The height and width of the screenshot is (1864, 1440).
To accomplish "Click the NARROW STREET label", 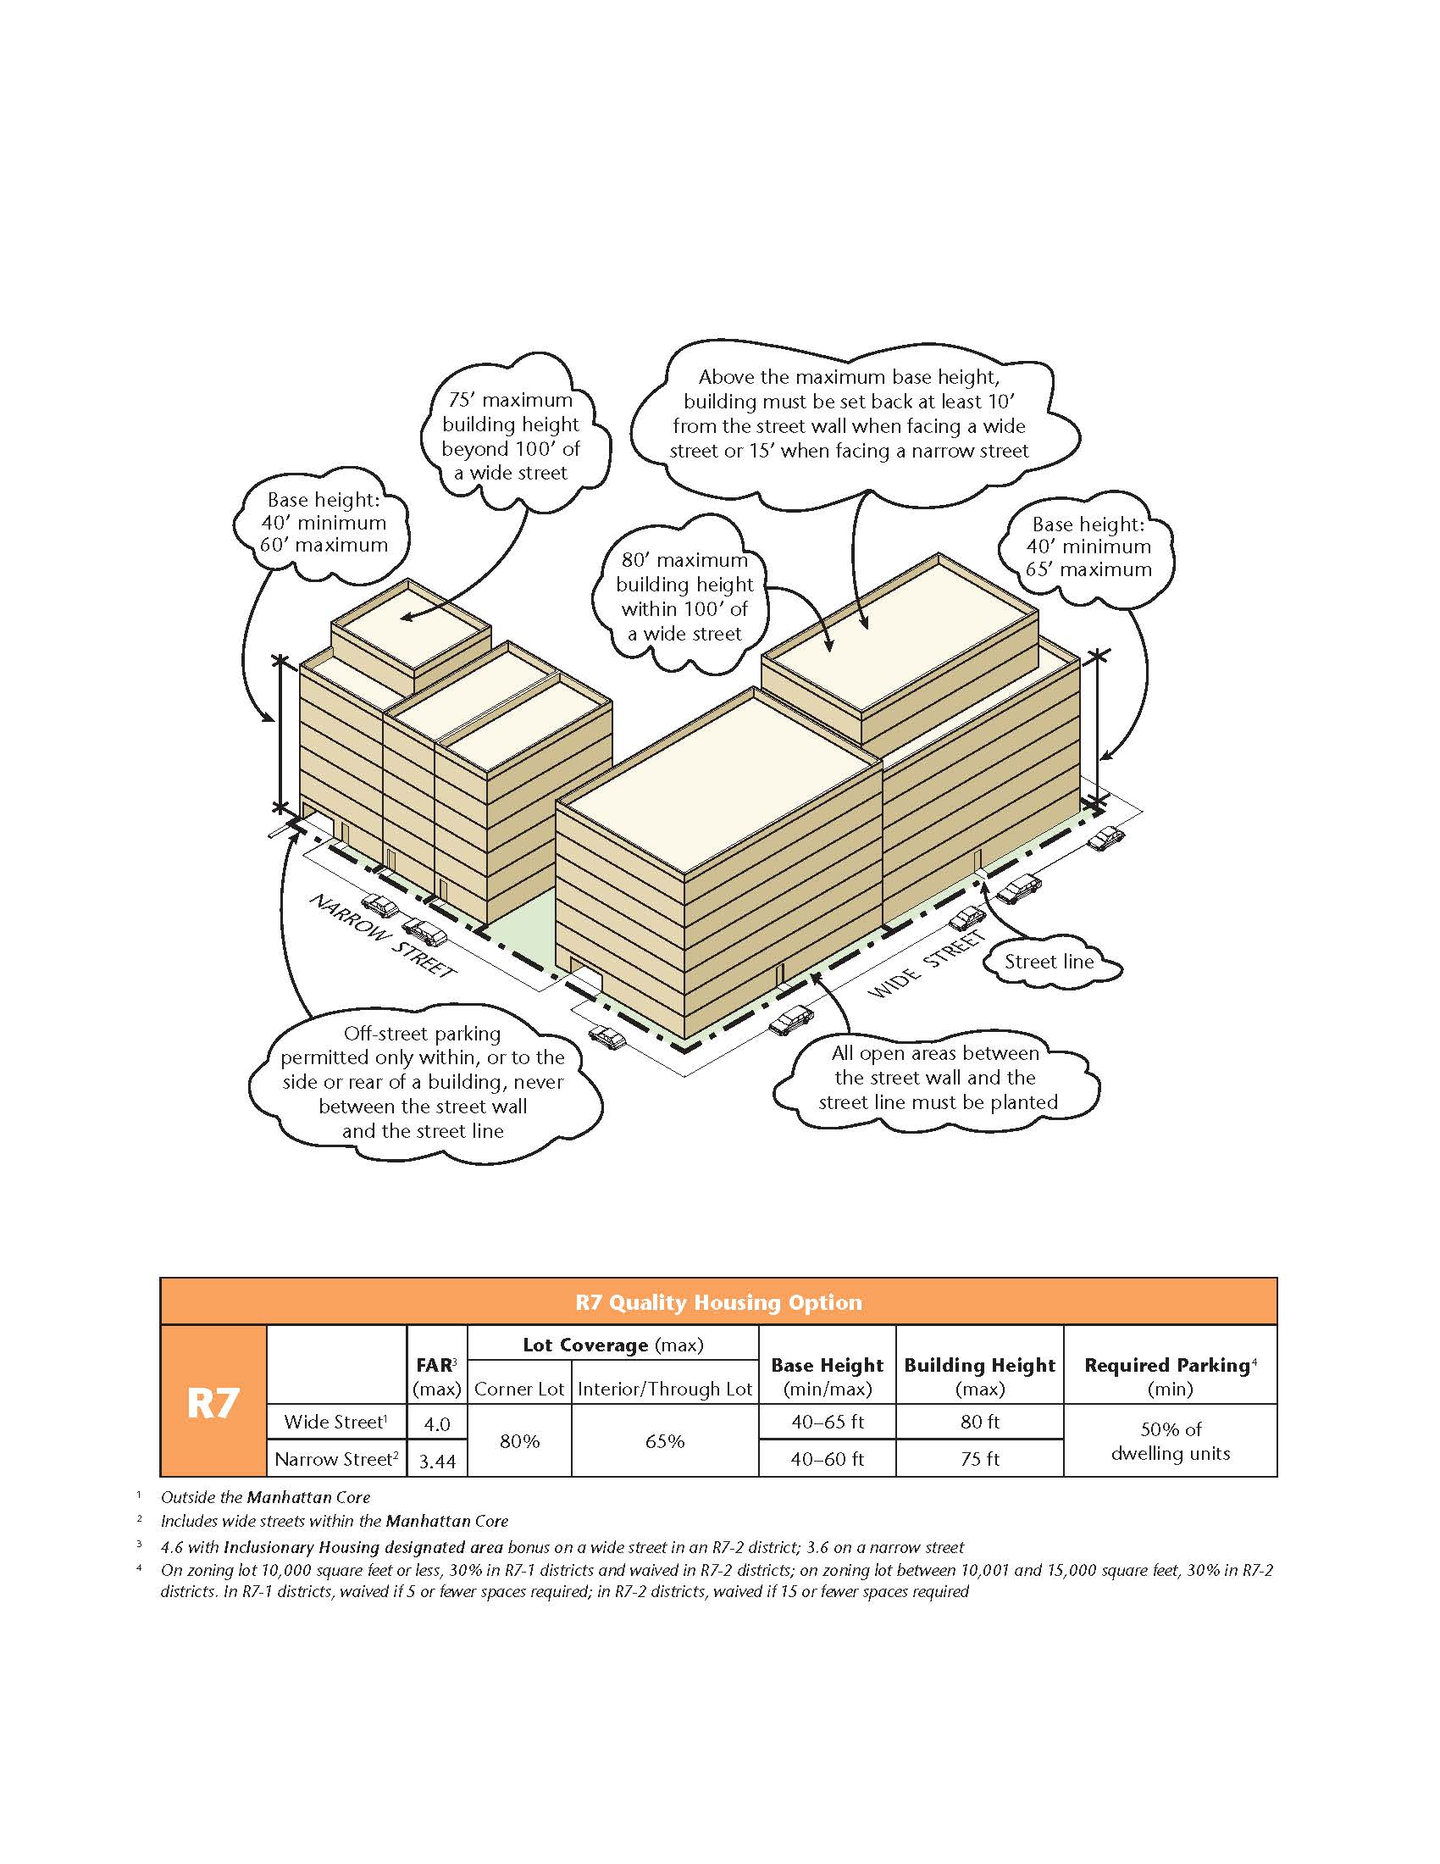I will [381, 936].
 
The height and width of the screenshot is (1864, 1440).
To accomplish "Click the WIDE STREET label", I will [927, 965].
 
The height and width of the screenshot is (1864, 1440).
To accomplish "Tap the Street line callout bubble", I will [1049, 962].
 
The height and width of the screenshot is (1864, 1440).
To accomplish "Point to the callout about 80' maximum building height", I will [684, 596].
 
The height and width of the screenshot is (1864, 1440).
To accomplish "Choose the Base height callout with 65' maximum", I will [1088, 546].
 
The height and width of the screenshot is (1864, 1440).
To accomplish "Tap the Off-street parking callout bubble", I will [423, 1082].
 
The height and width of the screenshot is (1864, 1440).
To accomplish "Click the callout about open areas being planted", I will [937, 1078].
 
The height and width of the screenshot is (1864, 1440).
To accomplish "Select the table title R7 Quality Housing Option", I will [718, 1302].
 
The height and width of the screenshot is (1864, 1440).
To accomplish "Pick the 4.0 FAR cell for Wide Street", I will [437, 1423].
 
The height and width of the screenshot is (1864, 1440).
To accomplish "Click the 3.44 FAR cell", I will [437, 1462].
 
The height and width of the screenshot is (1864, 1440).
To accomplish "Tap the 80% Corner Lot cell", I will [518, 1441].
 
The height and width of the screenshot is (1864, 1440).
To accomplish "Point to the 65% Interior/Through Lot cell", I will [665, 1441].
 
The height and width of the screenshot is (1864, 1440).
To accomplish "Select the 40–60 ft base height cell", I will [827, 1460].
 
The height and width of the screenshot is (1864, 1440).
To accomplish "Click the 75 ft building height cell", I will [979, 1460].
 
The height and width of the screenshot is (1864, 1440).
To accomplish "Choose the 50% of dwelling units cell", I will [1170, 1441].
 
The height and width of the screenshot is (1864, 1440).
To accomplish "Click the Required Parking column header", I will [1170, 1375].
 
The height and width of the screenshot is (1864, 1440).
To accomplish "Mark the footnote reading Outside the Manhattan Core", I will [265, 1497].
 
